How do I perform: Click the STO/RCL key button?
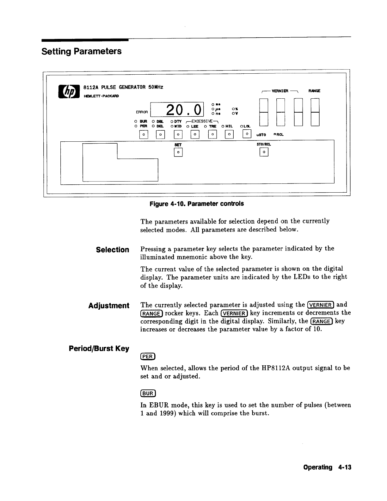[264, 153]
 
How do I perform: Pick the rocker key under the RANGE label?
[315, 112]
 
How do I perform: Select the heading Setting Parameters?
[82, 51]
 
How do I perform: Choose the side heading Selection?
[113, 250]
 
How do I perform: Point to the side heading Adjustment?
[109, 306]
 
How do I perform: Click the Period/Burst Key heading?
[99, 349]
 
